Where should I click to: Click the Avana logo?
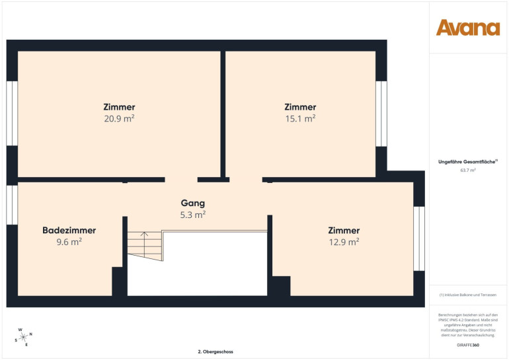[468, 28]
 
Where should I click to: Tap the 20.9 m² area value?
[119, 118]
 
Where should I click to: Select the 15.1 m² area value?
[300, 118]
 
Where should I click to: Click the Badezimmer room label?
[69, 231]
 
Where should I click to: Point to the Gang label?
[193, 203]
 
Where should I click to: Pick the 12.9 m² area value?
[344, 242]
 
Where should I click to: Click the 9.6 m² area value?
[69, 242]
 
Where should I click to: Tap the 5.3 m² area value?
[193, 215]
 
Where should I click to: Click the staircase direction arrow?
[145, 242]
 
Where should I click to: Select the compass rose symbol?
[24, 338]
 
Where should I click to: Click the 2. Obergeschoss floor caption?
[215, 351]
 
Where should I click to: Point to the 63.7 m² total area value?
[468, 170]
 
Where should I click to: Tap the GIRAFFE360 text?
[468, 345]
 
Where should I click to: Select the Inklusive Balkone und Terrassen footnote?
[468, 295]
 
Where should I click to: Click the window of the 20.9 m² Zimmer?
[12, 113]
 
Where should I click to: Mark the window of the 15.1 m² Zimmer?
[381, 114]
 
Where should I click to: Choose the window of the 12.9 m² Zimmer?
[419, 238]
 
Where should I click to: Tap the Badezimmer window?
[12, 205]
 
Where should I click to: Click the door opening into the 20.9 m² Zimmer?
[181, 180]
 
